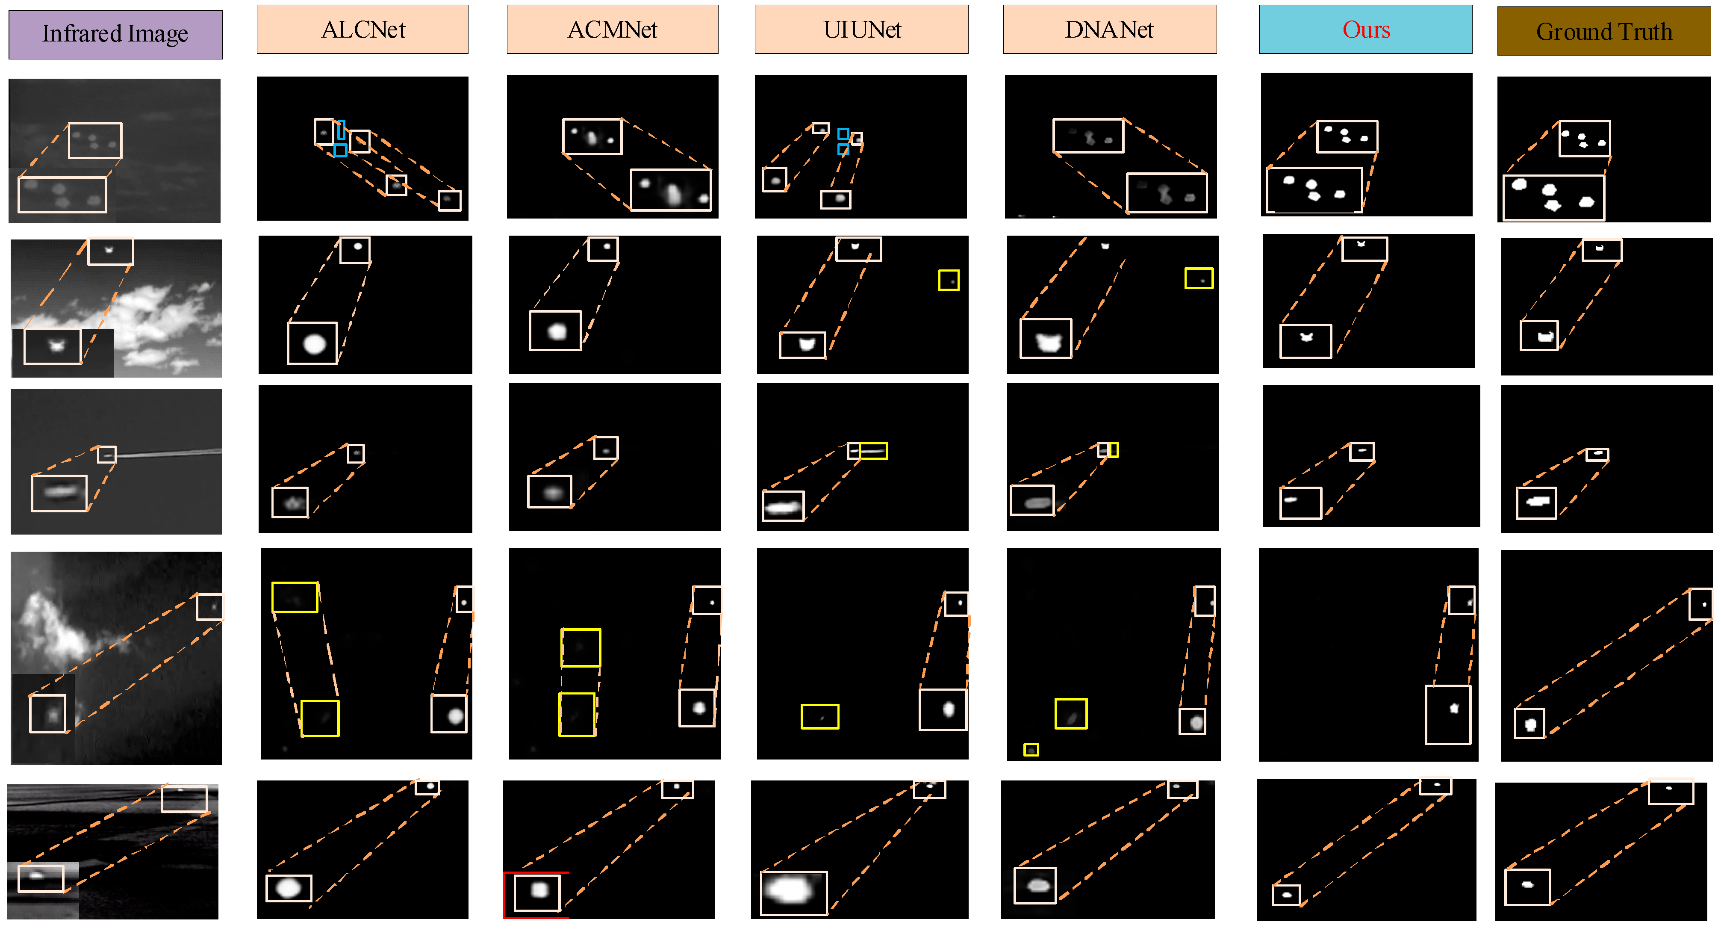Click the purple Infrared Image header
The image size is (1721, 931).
pyautogui.click(x=115, y=34)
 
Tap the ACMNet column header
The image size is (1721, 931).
pyautogui.click(x=612, y=30)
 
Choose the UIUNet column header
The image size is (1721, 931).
pyautogui.click(x=861, y=30)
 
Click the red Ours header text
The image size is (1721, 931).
pyautogui.click(x=1366, y=30)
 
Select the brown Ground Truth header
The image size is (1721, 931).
pyautogui.click(x=1603, y=31)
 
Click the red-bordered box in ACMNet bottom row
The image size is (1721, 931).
pyautogui.click(x=536, y=895)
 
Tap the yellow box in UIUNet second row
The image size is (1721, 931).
pyautogui.click(x=949, y=280)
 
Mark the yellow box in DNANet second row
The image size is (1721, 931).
pyautogui.click(x=1199, y=278)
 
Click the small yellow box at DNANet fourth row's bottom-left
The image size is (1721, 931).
pyautogui.click(x=1031, y=750)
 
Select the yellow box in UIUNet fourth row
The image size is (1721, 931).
pyautogui.click(x=820, y=716)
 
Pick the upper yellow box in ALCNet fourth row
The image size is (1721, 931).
pyautogui.click(x=295, y=597)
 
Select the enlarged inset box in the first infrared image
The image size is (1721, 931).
pyautogui.click(x=62, y=195)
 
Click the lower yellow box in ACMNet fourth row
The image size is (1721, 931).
pyautogui.click(x=577, y=715)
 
